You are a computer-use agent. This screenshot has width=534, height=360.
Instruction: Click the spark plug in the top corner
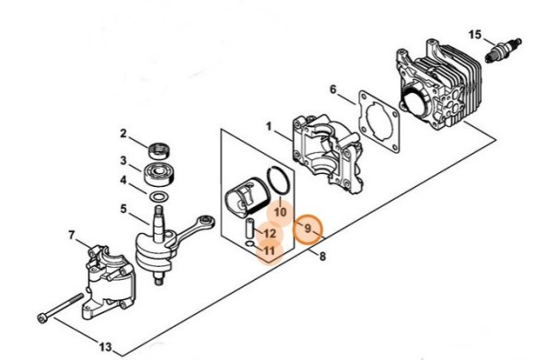pyautogui.click(x=504, y=51)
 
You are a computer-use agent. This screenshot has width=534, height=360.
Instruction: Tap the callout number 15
pyautogui.click(x=475, y=35)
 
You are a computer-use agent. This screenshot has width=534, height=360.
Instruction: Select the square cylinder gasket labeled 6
pyautogui.click(x=378, y=121)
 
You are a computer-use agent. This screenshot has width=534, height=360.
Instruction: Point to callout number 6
pyautogui.click(x=332, y=89)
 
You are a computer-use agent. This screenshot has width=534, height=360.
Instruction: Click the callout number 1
pyautogui.click(x=269, y=127)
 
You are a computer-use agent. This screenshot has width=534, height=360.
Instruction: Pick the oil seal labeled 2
pyautogui.click(x=159, y=151)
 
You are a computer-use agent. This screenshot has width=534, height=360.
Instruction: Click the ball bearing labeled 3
pyautogui.click(x=159, y=174)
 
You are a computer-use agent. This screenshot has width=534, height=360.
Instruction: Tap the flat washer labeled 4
pyautogui.click(x=159, y=197)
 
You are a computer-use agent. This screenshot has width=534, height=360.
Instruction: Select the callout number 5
pyautogui.click(x=123, y=208)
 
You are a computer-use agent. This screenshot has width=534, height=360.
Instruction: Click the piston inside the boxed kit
pyautogui.click(x=248, y=198)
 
